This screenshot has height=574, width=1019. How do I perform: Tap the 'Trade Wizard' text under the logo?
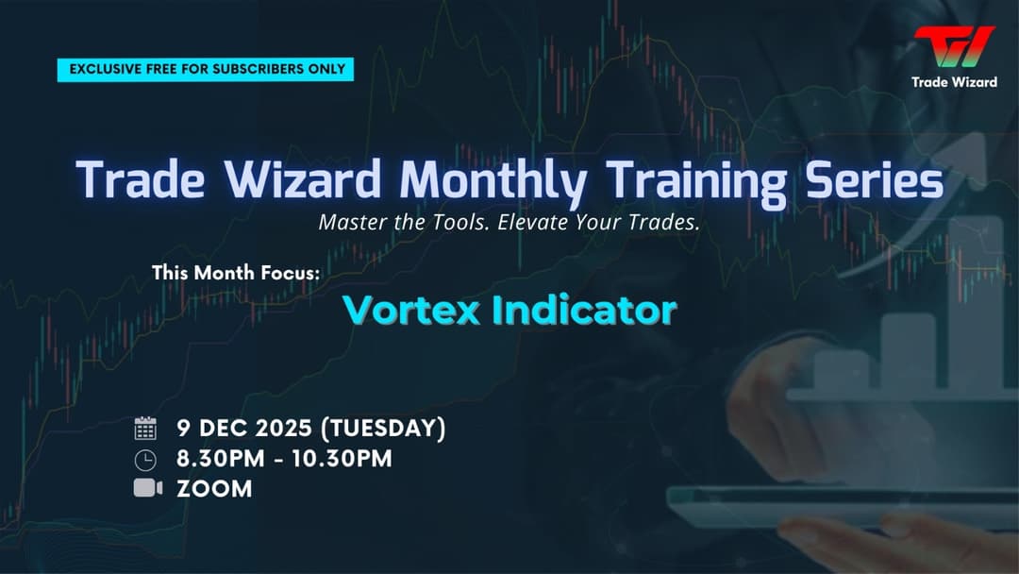click(x=954, y=82)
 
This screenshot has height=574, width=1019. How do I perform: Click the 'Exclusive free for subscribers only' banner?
click(x=206, y=69)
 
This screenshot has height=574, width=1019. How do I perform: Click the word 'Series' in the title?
click(x=869, y=179)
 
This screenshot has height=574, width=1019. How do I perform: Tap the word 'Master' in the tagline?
click(x=352, y=224)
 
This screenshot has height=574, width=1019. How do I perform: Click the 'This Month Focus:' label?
click(x=236, y=273)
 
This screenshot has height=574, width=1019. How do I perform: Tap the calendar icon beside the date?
click(x=145, y=429)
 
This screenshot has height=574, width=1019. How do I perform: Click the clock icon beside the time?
click(x=145, y=460)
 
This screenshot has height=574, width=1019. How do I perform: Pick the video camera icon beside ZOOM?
click(x=147, y=488)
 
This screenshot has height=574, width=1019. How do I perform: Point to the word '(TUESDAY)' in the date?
click(x=383, y=428)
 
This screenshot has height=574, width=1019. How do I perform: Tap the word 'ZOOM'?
click(x=214, y=489)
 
